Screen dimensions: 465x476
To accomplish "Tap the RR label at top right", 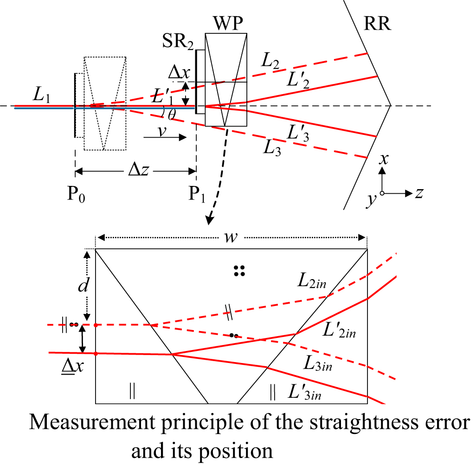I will pyautogui.click(x=377, y=23).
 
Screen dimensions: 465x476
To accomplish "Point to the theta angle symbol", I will pyautogui.click(x=171, y=115).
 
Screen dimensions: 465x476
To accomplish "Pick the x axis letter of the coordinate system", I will pyautogui.click(x=383, y=159).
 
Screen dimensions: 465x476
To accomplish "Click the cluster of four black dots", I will pyautogui.click(x=239, y=271).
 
